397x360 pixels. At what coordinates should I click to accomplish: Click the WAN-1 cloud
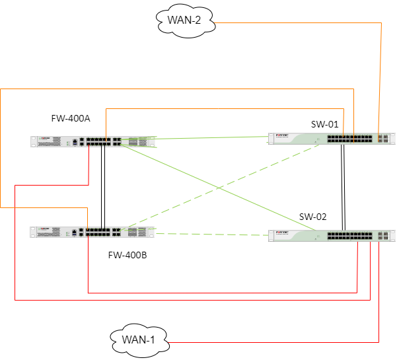pyautogui.click(x=139, y=341)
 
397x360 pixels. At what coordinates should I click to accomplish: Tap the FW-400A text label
pyautogui.click(x=71, y=118)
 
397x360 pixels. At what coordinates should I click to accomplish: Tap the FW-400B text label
pyautogui.click(x=127, y=255)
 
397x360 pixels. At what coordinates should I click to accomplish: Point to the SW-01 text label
pyautogui.click(x=324, y=124)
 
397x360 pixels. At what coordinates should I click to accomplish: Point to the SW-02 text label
pyautogui.click(x=312, y=217)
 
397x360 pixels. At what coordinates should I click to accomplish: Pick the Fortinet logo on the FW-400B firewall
pyautogui.click(x=45, y=230)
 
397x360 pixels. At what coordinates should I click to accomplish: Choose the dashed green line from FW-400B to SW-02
pyautogui.click(x=211, y=234)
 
